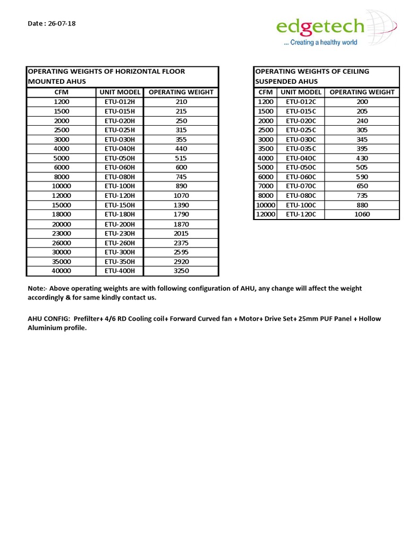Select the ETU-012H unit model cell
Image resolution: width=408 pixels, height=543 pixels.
[x=120, y=102]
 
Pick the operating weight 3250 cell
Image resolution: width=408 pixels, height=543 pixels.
[x=181, y=271]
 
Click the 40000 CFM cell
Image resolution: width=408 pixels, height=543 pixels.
[x=62, y=271]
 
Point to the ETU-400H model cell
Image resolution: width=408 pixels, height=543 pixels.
[x=120, y=271]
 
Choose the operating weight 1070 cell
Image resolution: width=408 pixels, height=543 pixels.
[x=181, y=196]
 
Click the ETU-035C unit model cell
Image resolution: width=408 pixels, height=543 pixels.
[x=301, y=149]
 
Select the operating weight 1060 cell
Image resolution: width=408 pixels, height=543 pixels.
[x=362, y=215]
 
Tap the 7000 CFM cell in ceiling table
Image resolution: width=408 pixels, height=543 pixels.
[x=266, y=186]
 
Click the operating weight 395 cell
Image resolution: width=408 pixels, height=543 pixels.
[x=362, y=149]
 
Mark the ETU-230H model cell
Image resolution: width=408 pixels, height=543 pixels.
[x=120, y=233]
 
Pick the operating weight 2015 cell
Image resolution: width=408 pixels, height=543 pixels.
[x=181, y=233]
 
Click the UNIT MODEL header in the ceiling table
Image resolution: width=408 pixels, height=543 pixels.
[x=301, y=92]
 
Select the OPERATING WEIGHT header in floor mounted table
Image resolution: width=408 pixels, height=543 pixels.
[x=181, y=92]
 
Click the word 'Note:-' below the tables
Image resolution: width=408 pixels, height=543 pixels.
[x=38, y=288]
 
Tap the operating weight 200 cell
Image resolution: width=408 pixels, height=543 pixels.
[x=362, y=102]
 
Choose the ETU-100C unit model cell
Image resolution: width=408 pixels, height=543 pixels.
[x=301, y=205]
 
